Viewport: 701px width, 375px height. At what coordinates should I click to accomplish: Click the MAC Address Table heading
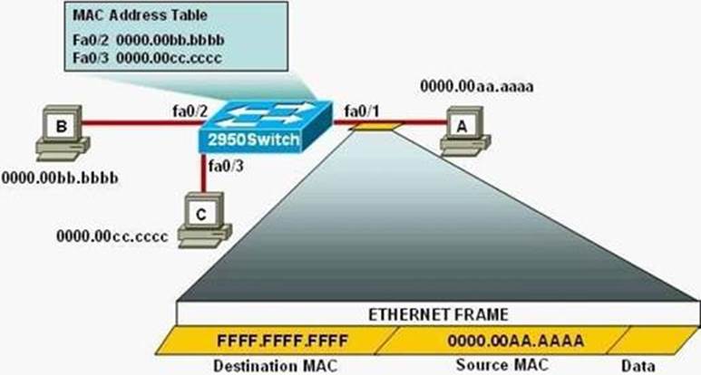point(140,15)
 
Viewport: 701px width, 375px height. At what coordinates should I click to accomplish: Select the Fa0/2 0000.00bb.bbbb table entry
point(149,40)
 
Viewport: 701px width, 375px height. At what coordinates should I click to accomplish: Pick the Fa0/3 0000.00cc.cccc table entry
point(147,58)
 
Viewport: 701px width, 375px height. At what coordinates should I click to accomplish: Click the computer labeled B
point(63,132)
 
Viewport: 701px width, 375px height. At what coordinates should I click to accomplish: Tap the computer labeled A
point(465,131)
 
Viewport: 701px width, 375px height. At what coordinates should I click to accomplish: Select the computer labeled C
point(204,219)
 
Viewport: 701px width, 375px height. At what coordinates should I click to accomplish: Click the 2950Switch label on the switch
point(254,139)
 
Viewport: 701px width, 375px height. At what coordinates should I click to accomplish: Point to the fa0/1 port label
point(362,111)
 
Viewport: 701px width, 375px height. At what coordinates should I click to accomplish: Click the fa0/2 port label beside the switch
point(190,111)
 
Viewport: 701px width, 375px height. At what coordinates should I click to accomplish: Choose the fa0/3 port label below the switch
point(226,166)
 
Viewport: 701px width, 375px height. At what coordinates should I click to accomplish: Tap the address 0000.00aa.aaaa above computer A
point(477,86)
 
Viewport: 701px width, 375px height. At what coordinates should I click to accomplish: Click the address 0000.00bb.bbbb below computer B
point(60,178)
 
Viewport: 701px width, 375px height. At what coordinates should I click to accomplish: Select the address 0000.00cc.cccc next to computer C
point(112,236)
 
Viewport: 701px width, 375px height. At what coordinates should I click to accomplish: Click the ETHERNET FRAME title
point(438,314)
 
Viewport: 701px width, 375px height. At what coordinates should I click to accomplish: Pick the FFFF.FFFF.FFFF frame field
point(282,341)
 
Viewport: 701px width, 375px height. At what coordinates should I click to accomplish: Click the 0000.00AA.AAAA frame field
point(515,341)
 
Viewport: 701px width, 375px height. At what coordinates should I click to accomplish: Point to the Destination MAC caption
point(276,366)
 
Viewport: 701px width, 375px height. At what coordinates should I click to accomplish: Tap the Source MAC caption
point(502,365)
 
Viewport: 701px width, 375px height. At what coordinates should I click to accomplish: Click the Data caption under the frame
point(638,366)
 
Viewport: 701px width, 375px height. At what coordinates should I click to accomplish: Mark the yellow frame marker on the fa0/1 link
point(375,127)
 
